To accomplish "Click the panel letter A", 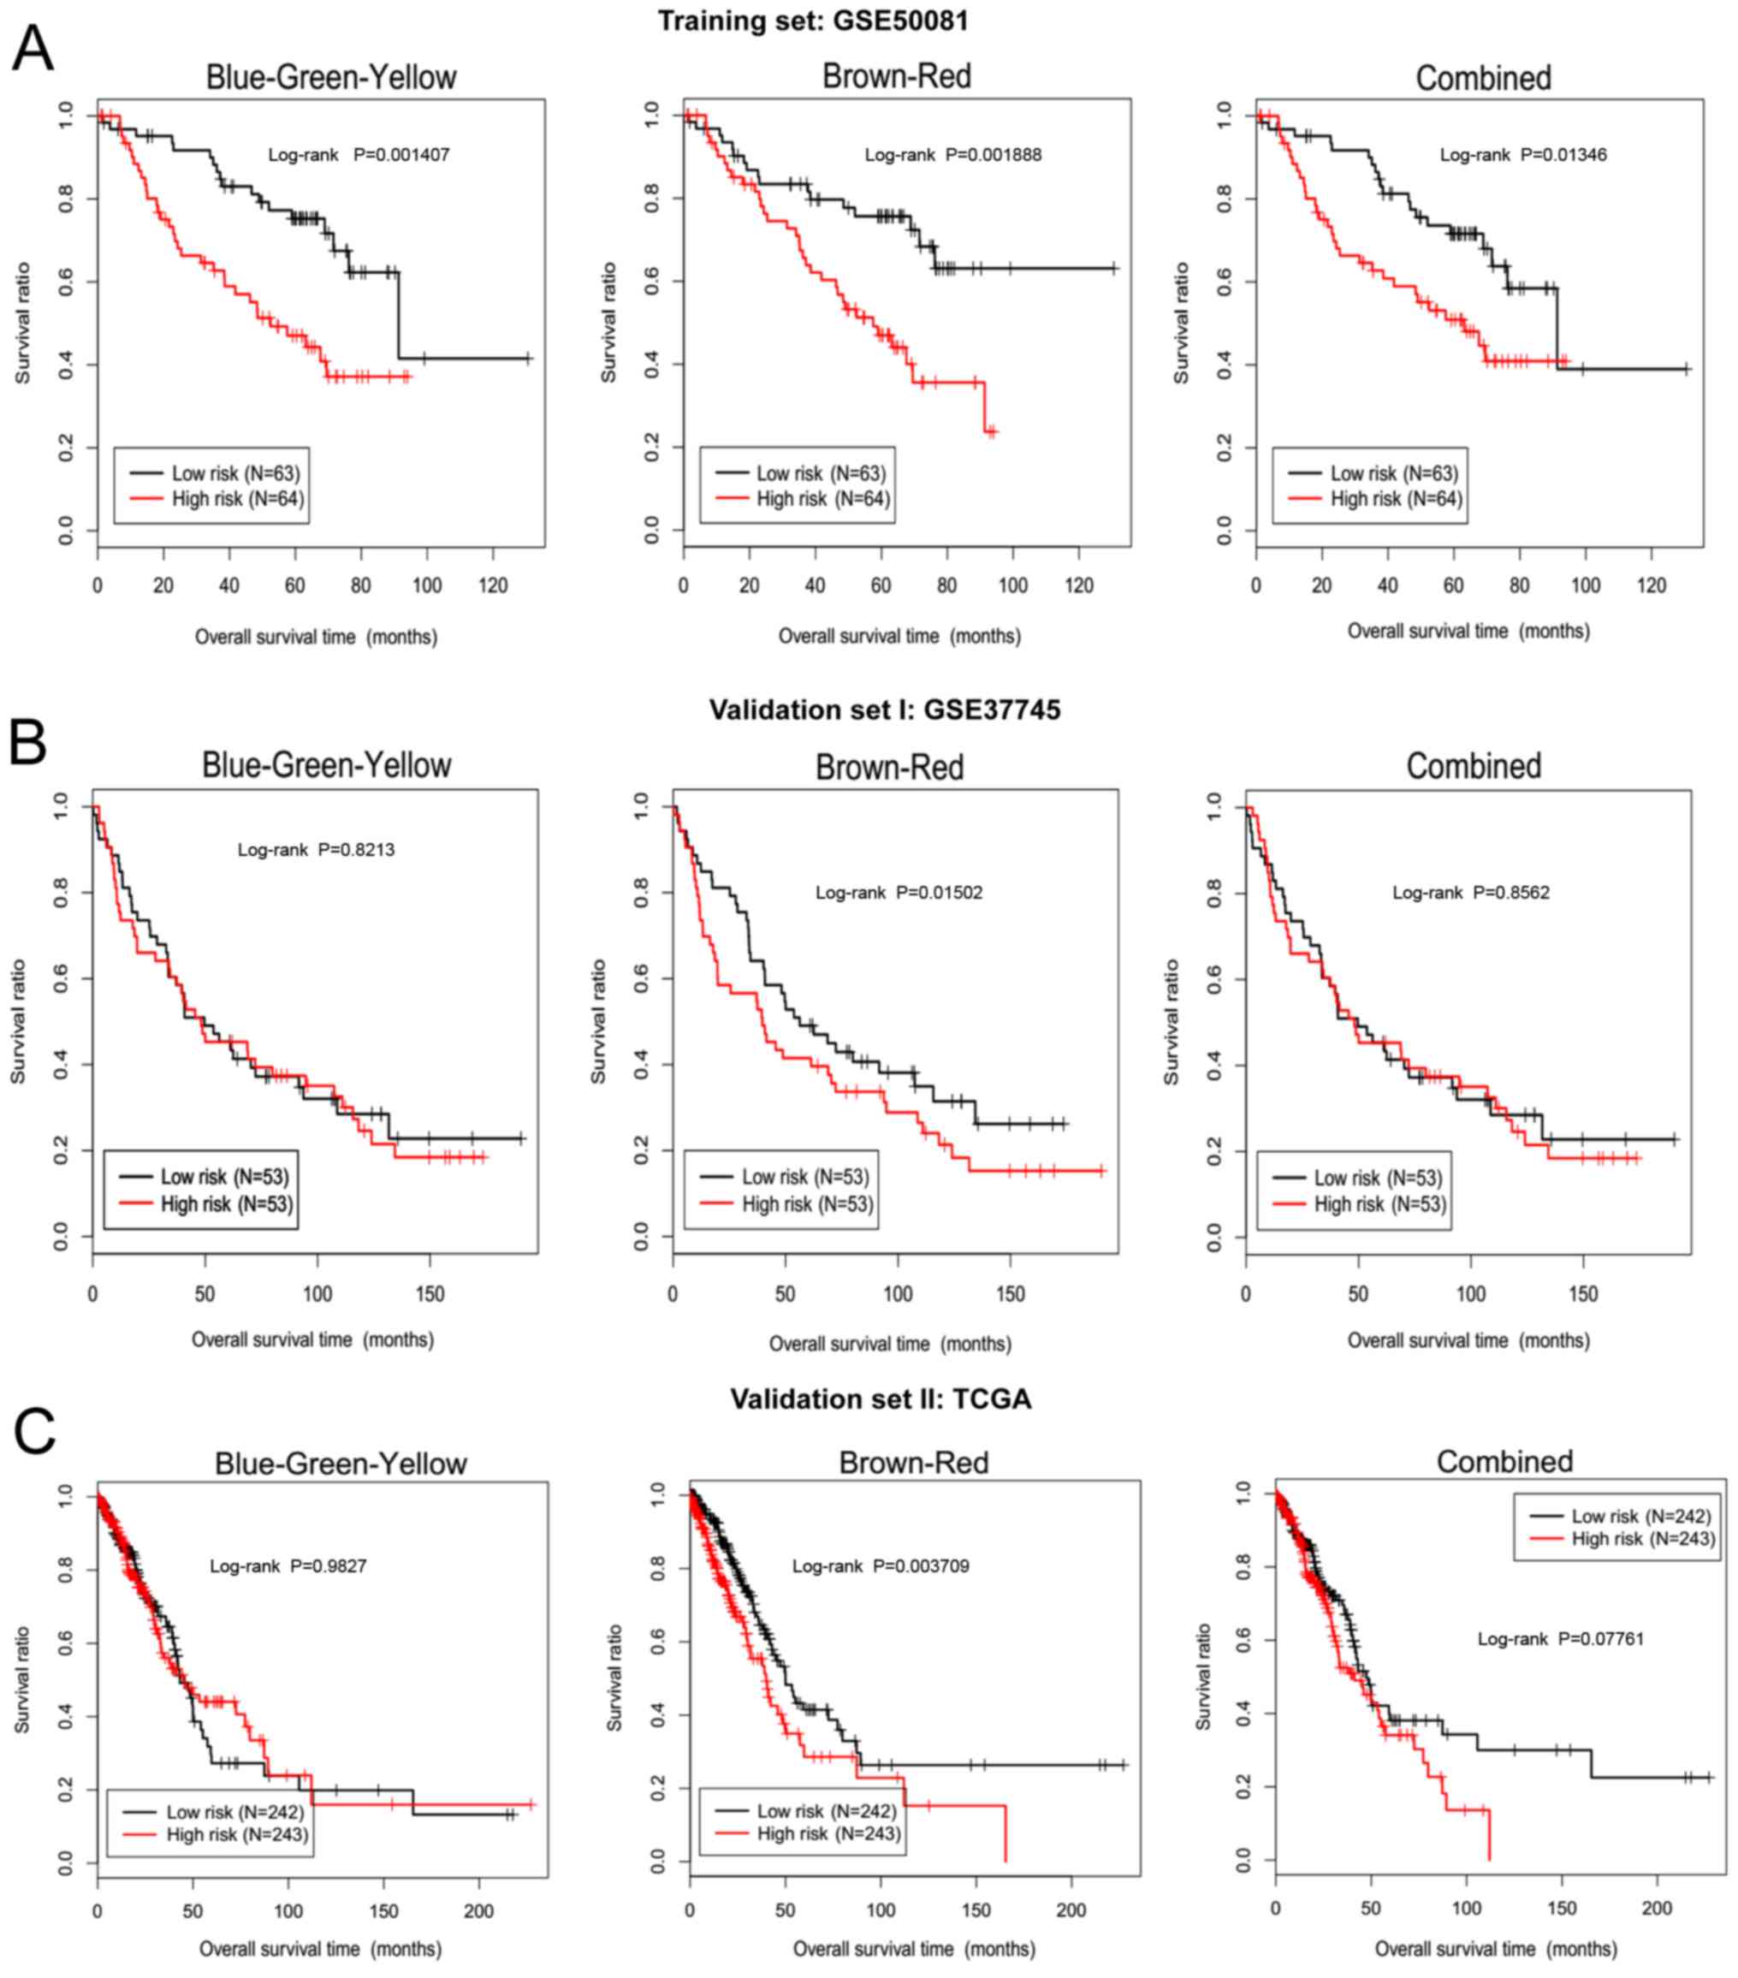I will (32, 50).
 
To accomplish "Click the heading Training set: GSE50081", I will (813, 21).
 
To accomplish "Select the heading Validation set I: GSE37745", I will (885, 710).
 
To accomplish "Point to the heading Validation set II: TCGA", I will (881, 1399).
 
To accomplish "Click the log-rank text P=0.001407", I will (401, 155).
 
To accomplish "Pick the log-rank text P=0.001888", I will (993, 155).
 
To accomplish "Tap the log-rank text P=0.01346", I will (1563, 155).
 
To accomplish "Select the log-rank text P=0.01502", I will (939, 892).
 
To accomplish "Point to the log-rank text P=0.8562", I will (1510, 892).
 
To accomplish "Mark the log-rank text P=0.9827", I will (328, 1565).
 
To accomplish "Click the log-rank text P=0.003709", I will (920, 1565).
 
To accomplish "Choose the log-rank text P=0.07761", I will (1600, 1638).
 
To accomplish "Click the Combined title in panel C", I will (1504, 1461).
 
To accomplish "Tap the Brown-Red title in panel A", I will (896, 76).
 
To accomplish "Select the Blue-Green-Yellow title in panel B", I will (326, 765).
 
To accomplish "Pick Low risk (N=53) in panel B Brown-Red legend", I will (805, 1177).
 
